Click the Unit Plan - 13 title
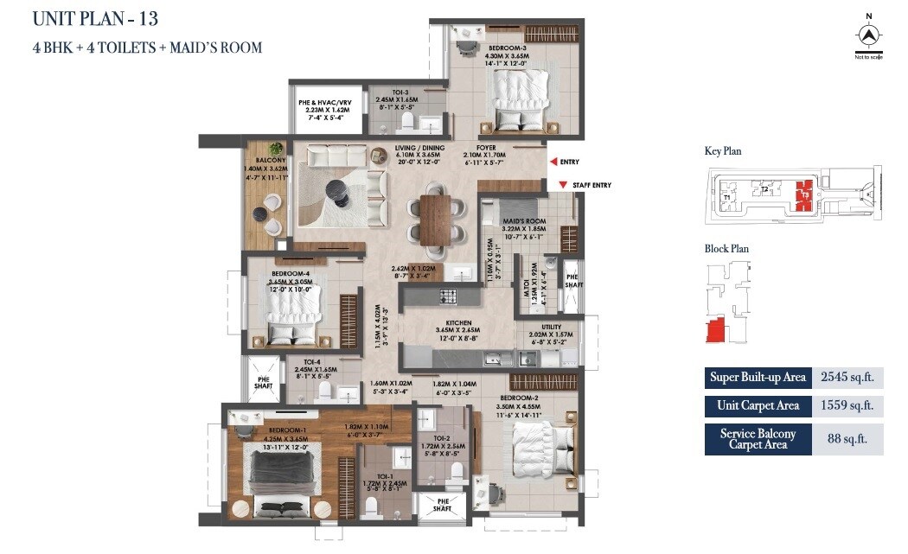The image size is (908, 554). click(x=96, y=18)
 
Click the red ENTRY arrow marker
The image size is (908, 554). click(x=552, y=162)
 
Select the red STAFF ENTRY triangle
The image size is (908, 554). click(x=563, y=185)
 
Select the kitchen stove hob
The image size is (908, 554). click(x=449, y=297)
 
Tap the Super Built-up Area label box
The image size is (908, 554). click(x=758, y=377)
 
